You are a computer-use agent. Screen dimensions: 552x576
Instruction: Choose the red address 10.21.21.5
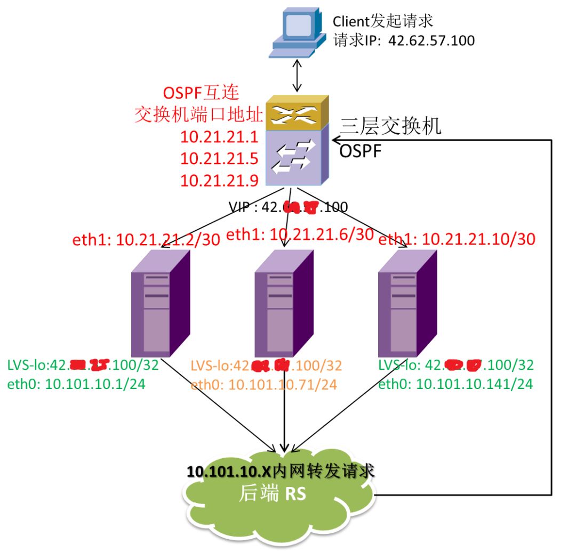[x=220, y=159]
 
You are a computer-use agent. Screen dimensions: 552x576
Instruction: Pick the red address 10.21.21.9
[x=220, y=180]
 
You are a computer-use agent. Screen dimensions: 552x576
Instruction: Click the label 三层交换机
[x=391, y=126]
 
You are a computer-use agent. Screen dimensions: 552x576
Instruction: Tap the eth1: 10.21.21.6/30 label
[x=300, y=234]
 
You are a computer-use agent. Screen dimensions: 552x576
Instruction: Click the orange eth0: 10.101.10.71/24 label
[x=263, y=384]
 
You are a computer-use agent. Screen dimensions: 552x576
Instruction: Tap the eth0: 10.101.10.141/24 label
[x=455, y=384]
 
